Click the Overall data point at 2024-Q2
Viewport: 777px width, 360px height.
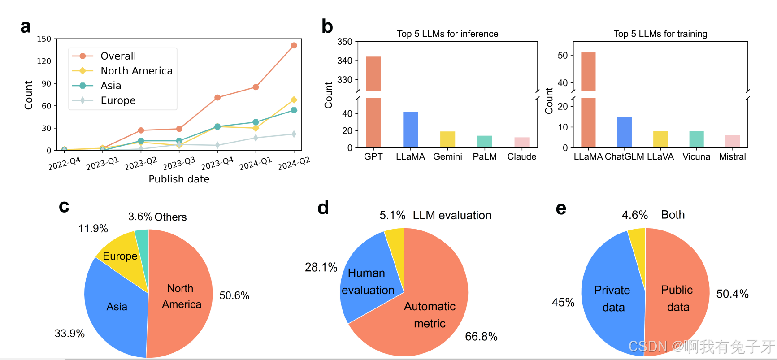[x=294, y=45]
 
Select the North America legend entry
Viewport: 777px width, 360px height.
[x=136, y=71]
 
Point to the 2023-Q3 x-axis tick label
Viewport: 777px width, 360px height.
[x=179, y=163]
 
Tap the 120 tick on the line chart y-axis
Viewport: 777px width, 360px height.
[x=44, y=61]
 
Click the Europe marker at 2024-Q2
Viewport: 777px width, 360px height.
[x=294, y=134]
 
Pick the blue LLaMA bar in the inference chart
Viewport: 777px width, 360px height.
[x=410, y=130]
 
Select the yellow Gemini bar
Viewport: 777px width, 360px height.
[x=447, y=139]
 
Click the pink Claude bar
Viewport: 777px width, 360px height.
[x=521, y=143]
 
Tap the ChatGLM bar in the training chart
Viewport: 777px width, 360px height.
[x=624, y=132]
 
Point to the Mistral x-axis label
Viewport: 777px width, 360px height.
[x=732, y=157]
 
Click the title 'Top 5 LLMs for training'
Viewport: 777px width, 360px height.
[x=660, y=34]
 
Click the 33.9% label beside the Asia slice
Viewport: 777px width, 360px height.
[x=69, y=334]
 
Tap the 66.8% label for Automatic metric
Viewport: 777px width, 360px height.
[x=481, y=337]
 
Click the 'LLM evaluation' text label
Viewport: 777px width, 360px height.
[x=452, y=215]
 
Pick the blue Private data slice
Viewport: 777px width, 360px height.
[x=612, y=298]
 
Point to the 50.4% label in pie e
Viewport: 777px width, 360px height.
[x=732, y=294]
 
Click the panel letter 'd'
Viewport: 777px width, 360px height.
[x=323, y=208]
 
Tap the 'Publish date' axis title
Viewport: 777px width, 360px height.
[x=179, y=179]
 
